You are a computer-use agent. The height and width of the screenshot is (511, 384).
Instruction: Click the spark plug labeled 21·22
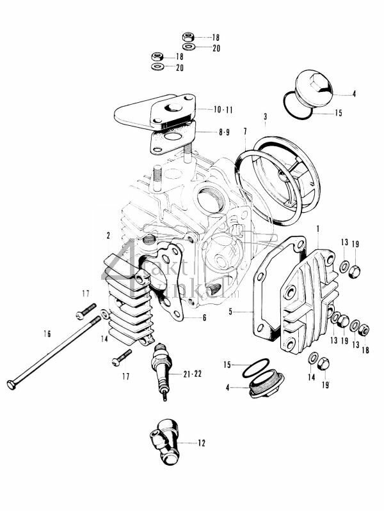(162, 370)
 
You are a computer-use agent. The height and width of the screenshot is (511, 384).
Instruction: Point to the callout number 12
(202, 442)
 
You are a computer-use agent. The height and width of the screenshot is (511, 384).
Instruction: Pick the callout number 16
(47, 333)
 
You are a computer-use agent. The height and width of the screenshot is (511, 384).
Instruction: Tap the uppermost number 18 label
(215, 37)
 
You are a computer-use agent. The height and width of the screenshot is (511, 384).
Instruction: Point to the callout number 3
(264, 116)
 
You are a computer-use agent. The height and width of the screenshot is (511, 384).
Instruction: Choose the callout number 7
(245, 132)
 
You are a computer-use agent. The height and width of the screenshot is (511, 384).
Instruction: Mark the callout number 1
(317, 227)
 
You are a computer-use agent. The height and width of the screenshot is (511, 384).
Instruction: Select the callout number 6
(204, 317)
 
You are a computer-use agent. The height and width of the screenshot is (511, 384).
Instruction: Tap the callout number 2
(109, 235)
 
